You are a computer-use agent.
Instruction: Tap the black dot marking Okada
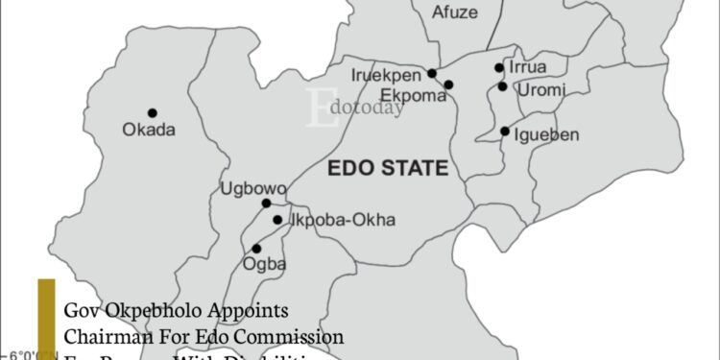click(152, 112)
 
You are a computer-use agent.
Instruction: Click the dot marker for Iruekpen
click(432, 73)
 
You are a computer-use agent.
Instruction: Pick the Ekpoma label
click(411, 94)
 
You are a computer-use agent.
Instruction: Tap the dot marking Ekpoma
click(448, 84)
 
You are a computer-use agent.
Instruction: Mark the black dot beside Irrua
click(499, 67)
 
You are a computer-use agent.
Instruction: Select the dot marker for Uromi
click(502, 86)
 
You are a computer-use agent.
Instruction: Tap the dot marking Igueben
click(505, 131)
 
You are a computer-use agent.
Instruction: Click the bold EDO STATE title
click(388, 169)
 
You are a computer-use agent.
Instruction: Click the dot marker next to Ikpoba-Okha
click(277, 220)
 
